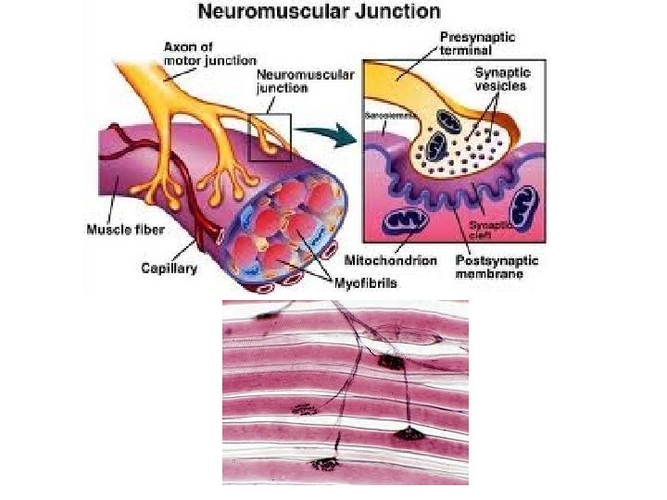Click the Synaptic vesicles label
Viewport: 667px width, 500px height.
(501, 79)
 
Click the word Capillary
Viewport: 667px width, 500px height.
(169, 269)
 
